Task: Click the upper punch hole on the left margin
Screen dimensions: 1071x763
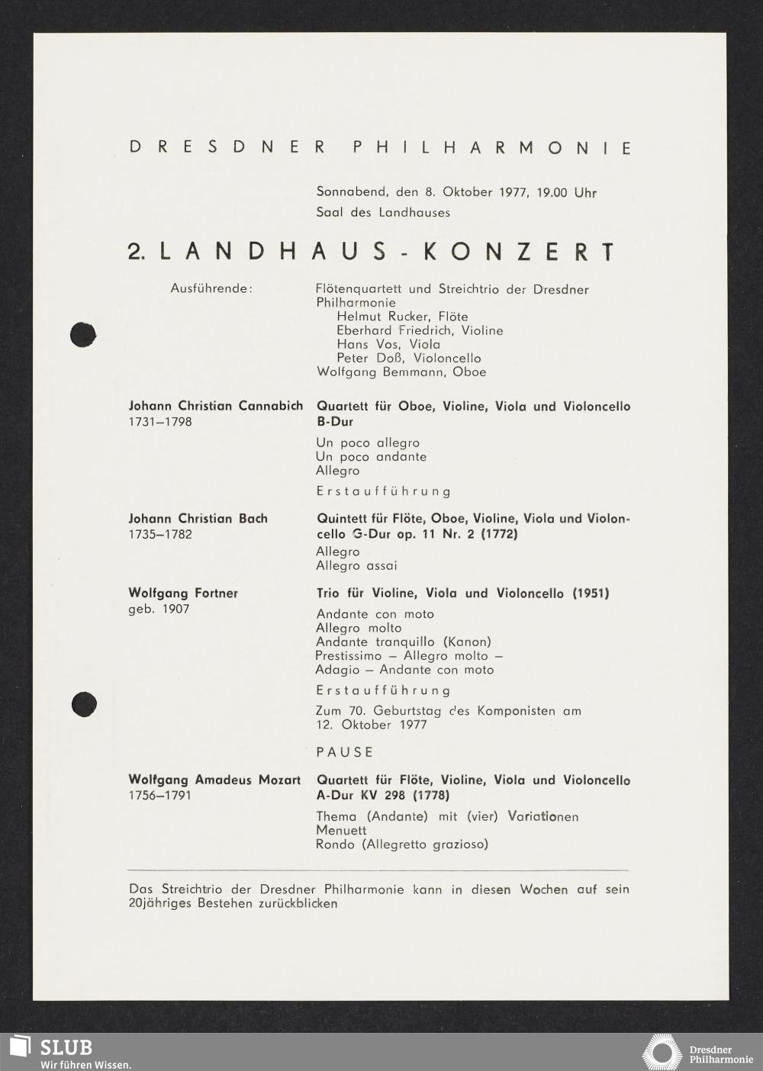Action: (82, 334)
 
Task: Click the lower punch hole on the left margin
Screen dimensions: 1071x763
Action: (83, 703)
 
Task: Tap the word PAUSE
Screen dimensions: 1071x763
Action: (345, 752)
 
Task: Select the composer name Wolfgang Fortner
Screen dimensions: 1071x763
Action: (183, 593)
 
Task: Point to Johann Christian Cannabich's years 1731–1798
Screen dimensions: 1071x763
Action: (160, 422)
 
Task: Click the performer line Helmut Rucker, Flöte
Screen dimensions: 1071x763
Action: (402, 317)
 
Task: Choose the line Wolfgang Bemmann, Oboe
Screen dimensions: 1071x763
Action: (401, 372)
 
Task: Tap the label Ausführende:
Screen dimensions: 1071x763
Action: (211, 289)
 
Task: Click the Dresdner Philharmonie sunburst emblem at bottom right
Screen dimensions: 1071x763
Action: (662, 1053)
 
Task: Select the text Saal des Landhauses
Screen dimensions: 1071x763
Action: (383, 212)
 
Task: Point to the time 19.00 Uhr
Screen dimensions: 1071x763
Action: (566, 192)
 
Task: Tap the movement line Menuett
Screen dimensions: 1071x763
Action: (341, 830)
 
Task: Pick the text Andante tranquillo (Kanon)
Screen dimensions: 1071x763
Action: (404, 642)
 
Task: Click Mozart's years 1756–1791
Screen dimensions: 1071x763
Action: (160, 796)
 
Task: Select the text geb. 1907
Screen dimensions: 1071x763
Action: (159, 609)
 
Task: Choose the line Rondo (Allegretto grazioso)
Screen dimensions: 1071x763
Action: (402, 844)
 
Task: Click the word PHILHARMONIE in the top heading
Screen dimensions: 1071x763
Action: (493, 147)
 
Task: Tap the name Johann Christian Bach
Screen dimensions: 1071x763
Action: (198, 519)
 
